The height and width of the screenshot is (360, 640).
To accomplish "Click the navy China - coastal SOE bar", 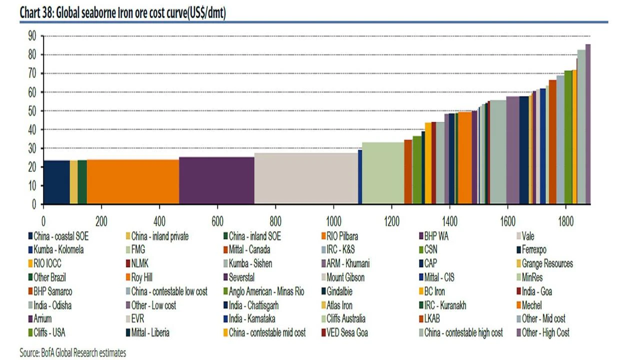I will tap(56, 182).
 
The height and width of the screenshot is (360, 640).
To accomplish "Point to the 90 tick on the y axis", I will tap(32, 36).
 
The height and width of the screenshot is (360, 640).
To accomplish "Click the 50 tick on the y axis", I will tap(32, 111).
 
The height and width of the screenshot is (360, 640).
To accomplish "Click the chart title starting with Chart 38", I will tap(122, 13).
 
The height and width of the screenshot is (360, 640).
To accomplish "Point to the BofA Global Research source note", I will tap(73, 353).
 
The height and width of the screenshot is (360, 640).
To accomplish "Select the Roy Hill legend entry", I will tap(145, 277).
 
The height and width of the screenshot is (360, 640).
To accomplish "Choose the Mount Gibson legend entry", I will tap(345, 277).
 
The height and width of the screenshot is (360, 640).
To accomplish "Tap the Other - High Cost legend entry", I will tap(545, 332).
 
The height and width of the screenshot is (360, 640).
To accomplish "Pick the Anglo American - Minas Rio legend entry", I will tap(266, 291).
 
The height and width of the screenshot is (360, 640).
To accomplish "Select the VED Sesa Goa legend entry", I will tap(347, 332).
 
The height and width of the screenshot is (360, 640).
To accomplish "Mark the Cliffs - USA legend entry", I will tap(49, 332).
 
